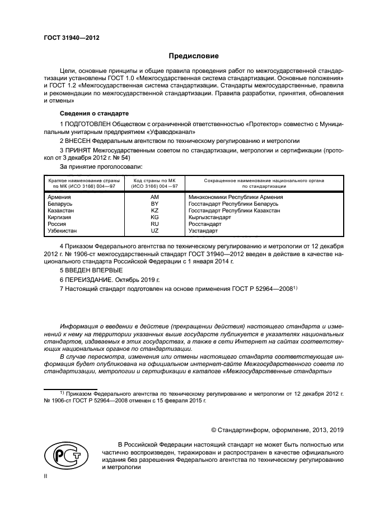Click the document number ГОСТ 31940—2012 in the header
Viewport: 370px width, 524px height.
(71, 39)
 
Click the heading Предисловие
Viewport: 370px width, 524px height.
(190, 56)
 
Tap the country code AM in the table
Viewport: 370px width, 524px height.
(155, 197)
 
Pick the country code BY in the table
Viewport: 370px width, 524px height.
(155, 204)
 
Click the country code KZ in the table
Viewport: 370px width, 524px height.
(155, 211)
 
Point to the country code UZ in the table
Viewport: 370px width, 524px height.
(155, 231)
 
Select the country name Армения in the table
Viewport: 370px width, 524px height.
(59, 197)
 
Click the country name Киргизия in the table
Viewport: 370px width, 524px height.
(61, 217)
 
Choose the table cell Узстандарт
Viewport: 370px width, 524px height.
(203, 231)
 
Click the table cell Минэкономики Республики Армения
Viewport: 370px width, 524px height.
(236, 197)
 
